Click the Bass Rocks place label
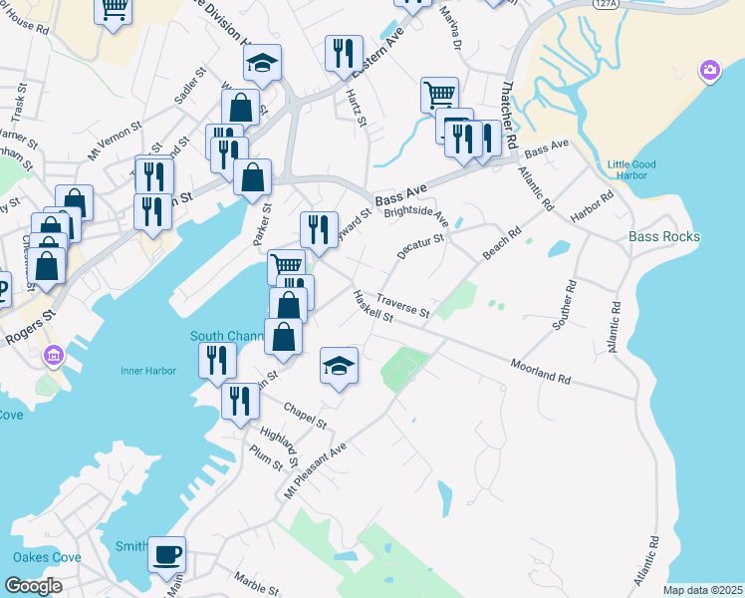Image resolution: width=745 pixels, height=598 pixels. coord(664,237)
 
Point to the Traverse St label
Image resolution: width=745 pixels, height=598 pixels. coord(402,306)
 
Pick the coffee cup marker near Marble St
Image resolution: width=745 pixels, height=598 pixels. coord(166,553)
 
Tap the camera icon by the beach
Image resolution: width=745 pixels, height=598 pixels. coord(709,71)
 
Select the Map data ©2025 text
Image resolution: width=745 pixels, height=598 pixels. coord(702,590)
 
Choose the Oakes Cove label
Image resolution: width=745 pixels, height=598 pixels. coord(47,557)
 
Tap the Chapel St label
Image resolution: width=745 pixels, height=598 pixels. coord(305,416)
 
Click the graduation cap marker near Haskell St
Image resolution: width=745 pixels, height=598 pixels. coord(339,367)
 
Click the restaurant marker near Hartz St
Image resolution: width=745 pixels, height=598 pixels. coord(344,55)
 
